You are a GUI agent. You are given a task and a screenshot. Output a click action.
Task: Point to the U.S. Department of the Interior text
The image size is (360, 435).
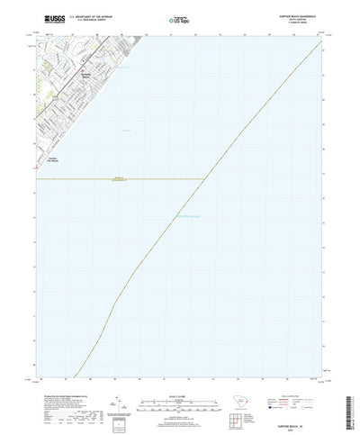point(79,15)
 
